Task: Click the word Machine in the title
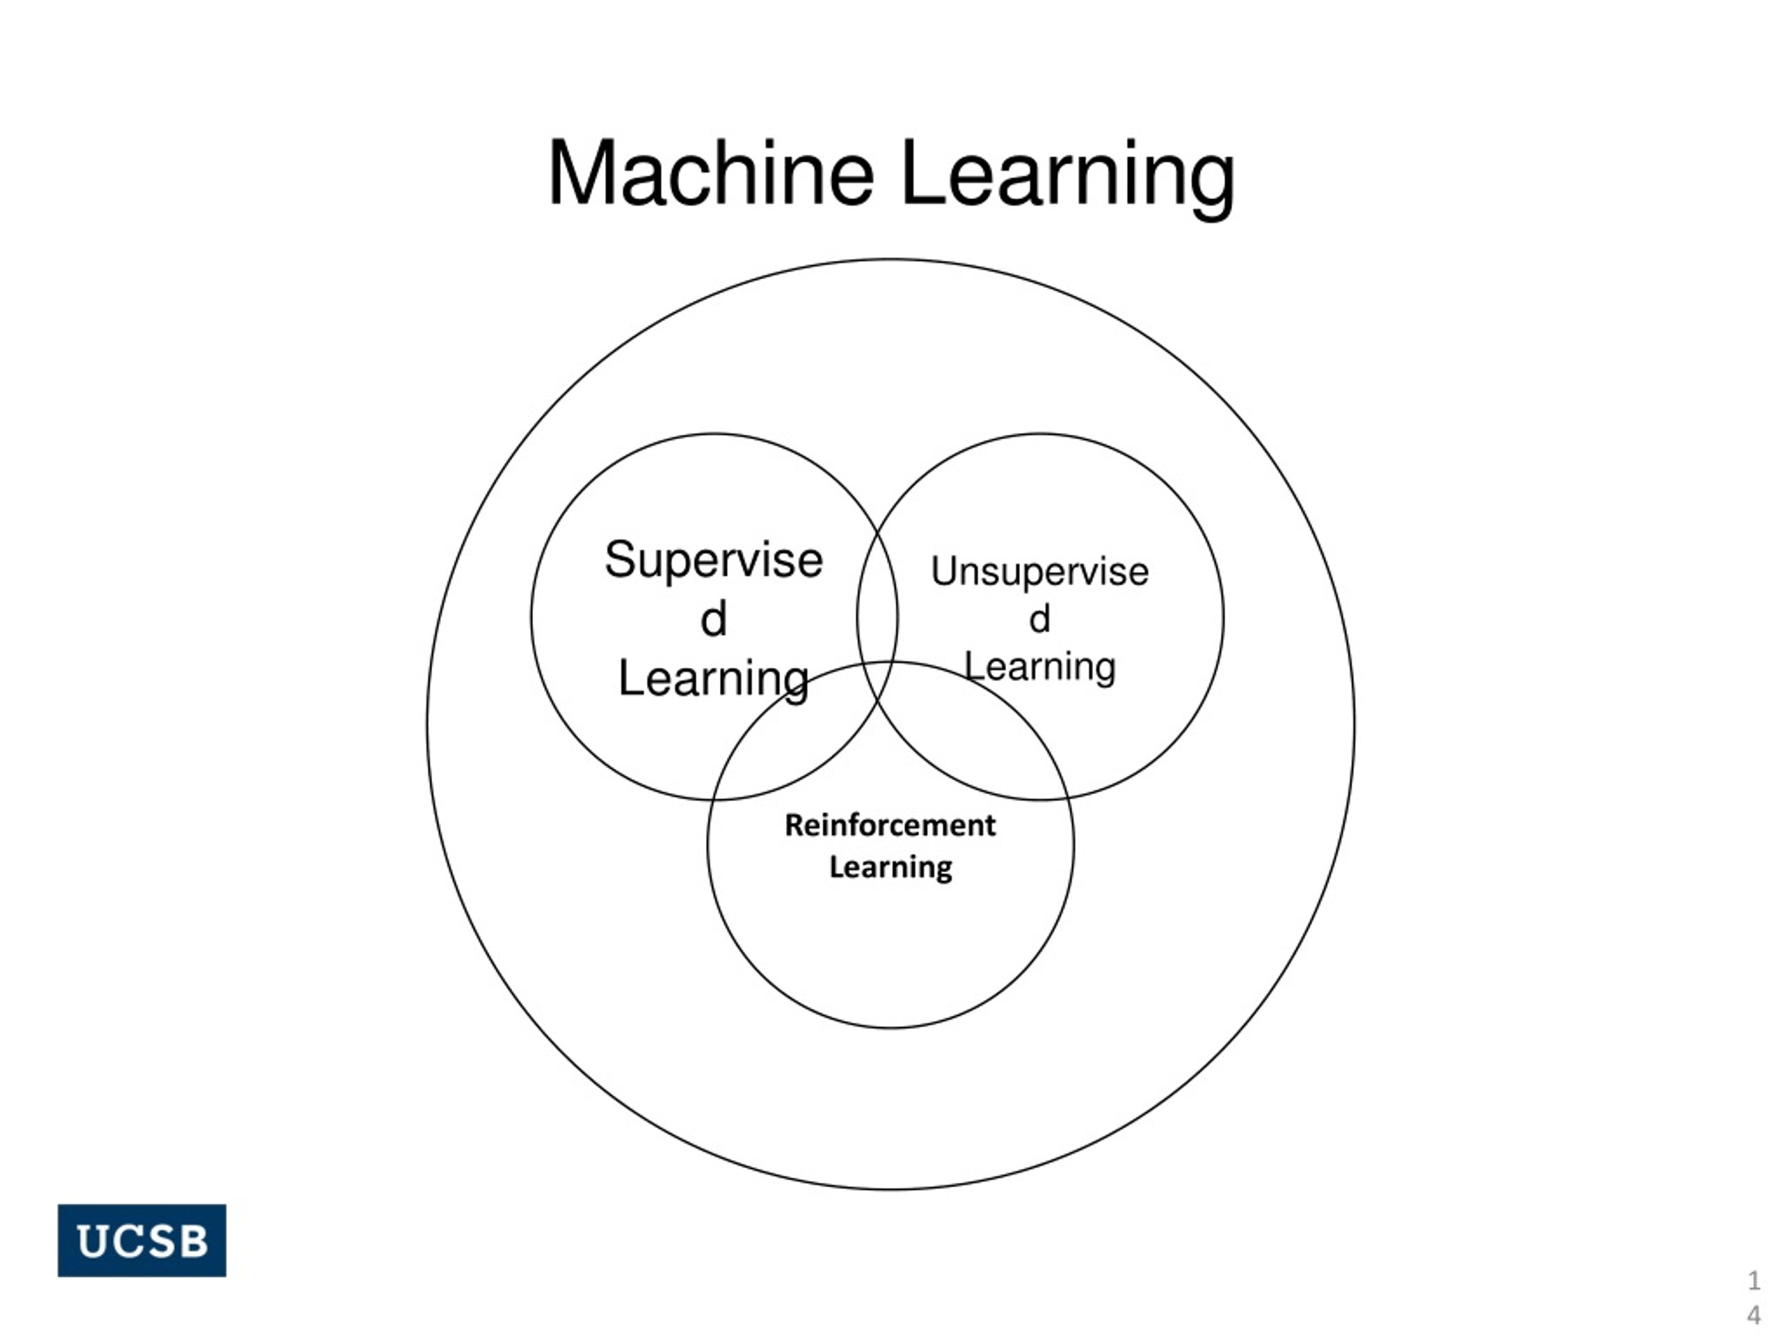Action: coord(711,173)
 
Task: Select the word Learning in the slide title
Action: coord(1069,180)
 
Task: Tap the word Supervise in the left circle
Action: coord(713,560)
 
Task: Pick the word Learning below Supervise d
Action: coord(713,680)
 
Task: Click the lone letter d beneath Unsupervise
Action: coord(1039,619)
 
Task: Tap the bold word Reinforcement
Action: coord(890,825)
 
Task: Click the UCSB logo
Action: coord(142,1240)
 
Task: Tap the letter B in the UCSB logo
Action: coord(193,1241)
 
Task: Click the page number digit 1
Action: coord(1754,1280)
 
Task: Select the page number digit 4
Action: coord(1754,1316)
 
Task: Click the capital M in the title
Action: coord(582,174)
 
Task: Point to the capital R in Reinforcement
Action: coord(794,825)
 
